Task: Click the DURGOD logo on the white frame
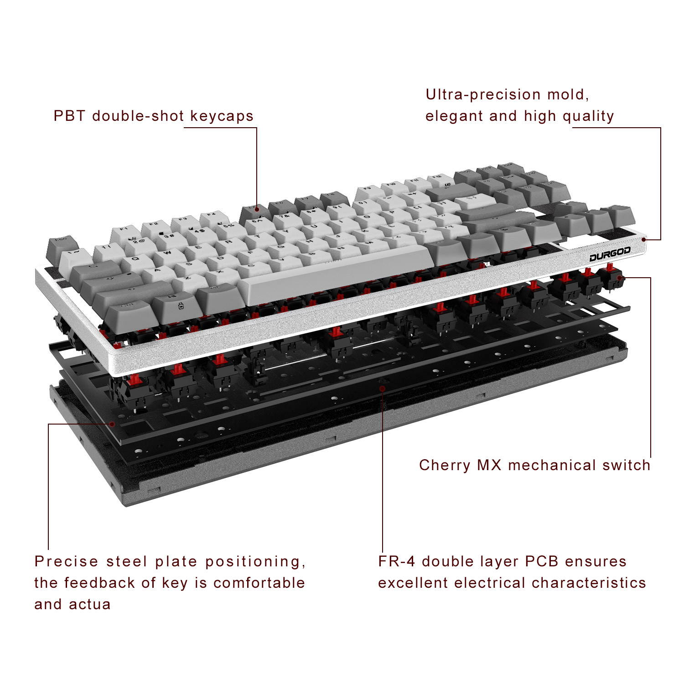tap(610, 255)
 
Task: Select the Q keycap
tap(135, 259)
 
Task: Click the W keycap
tap(167, 252)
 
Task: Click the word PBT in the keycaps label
tap(69, 116)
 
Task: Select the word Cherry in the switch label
tap(444, 465)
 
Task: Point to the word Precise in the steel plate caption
tap(67, 561)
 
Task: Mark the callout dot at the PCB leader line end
tap(383, 389)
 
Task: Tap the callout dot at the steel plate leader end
tap(112, 424)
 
